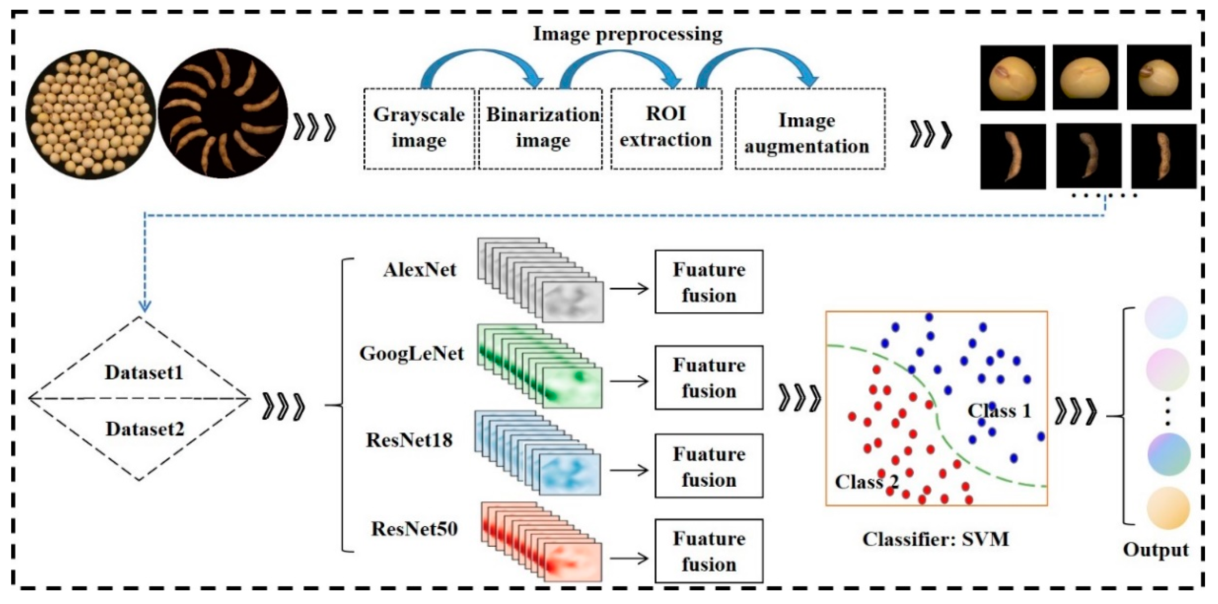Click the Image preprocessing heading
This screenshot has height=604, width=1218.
tap(628, 34)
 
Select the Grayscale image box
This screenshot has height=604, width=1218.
tap(419, 128)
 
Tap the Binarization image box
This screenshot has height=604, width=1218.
tap(541, 128)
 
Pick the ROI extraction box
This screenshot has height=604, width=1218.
tap(666, 128)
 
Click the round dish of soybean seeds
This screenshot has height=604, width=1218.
tap(90, 114)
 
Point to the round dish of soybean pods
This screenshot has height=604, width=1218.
tap(223, 114)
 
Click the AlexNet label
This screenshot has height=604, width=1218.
tap(420, 270)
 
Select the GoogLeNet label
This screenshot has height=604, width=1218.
tap(411, 354)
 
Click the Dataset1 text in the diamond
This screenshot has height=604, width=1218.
tap(144, 373)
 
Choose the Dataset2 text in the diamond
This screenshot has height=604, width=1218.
tap(145, 429)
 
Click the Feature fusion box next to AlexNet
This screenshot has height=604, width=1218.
tap(708, 282)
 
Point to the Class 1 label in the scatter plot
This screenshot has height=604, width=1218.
tap(999, 410)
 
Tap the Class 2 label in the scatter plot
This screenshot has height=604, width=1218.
tap(866, 482)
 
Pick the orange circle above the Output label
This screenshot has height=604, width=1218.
tap(1167, 508)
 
